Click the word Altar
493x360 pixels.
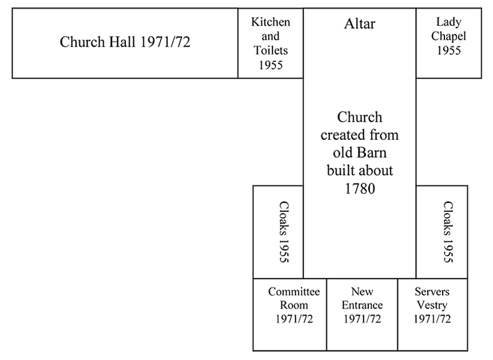(x=359, y=24)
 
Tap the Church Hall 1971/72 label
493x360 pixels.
(x=125, y=43)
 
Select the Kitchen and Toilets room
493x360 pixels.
(x=270, y=43)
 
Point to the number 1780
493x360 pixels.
(x=359, y=188)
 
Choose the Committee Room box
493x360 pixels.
(x=290, y=314)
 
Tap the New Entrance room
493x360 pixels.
(x=362, y=314)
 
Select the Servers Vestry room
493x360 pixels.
(x=432, y=314)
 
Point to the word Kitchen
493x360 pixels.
(x=270, y=22)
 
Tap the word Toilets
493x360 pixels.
(x=270, y=51)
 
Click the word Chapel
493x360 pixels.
(x=449, y=37)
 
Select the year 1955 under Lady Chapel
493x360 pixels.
(x=449, y=51)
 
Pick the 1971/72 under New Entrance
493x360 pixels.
(x=362, y=319)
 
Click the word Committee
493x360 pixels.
(x=294, y=292)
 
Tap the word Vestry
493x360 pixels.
(x=432, y=305)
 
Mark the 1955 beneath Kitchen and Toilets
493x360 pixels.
(x=270, y=65)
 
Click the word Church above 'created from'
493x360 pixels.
(x=359, y=117)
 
